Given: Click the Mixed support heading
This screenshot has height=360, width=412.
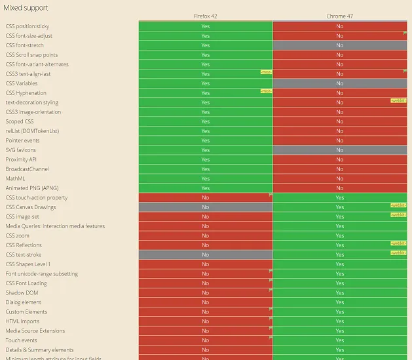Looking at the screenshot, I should click(26, 7).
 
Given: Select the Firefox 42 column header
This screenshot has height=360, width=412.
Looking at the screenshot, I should click(206, 16).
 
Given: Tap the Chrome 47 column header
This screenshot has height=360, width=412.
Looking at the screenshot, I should click(339, 16).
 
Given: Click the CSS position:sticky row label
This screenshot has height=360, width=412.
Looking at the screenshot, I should click(32, 26).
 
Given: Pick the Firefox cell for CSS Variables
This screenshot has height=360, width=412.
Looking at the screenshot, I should click(206, 83).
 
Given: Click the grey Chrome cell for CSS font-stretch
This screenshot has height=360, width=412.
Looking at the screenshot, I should click(339, 45).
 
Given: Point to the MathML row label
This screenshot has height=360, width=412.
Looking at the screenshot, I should click(16, 178).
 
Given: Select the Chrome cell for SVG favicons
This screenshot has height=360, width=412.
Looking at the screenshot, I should click(339, 150).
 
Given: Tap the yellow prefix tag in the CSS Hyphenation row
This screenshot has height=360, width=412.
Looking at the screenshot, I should click(266, 91).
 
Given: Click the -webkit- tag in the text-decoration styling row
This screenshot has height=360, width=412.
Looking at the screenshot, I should click(398, 100).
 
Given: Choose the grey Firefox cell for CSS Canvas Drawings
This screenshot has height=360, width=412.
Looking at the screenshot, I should click(206, 207).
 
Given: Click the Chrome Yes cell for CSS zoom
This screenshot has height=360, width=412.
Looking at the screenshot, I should click(339, 235).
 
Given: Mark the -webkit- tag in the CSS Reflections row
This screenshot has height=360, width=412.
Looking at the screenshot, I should click(398, 243).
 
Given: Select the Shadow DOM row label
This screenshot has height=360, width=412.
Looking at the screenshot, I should click(22, 292).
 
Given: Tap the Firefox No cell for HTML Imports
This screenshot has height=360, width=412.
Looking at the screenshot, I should click(206, 321).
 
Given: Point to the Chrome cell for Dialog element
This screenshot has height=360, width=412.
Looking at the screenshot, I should click(339, 302).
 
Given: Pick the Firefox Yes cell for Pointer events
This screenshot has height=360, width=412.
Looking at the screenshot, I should click(206, 140).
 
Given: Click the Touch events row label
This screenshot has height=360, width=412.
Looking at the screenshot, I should click(22, 340).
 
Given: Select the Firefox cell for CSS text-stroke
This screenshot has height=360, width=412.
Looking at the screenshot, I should click(206, 254).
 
